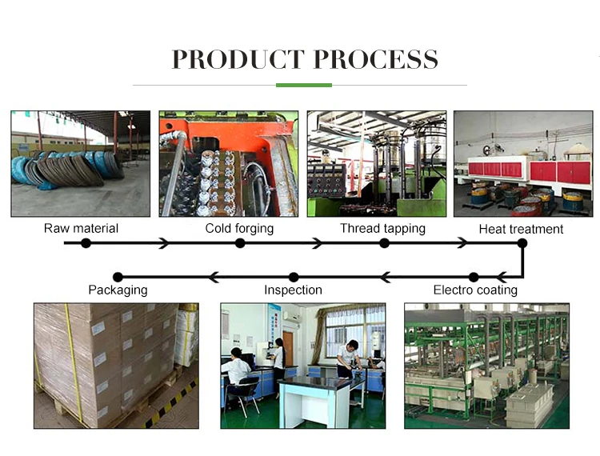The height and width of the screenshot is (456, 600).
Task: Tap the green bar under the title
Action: coord(303,85)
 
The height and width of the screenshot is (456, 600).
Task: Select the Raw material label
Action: coord(81,229)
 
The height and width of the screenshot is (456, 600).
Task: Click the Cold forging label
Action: coord(239,229)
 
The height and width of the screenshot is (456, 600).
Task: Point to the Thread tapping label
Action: coord(382,229)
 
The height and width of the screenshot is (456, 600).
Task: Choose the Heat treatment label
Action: coord(521,230)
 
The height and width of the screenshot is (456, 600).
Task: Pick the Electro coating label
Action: coord(475,290)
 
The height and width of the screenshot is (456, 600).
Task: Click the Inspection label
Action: coord(293,290)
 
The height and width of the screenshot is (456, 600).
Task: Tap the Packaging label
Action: coord(118,290)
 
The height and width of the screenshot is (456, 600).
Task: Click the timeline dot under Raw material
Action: coord(86,242)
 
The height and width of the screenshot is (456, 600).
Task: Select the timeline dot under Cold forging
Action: coord(240,242)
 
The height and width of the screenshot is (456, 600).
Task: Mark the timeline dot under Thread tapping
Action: coord(384,242)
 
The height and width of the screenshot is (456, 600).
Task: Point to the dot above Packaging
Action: coord(118,277)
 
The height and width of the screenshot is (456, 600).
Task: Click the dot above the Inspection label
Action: coord(294,277)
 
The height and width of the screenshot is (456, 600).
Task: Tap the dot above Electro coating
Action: coord(474,277)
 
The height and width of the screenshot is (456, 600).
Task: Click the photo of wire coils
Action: coord(80,163)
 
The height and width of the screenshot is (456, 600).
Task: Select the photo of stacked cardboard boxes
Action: coord(116,365)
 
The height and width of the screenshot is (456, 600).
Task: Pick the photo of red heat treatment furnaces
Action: coord(523,163)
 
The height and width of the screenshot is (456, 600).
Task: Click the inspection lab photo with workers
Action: coord(302,365)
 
